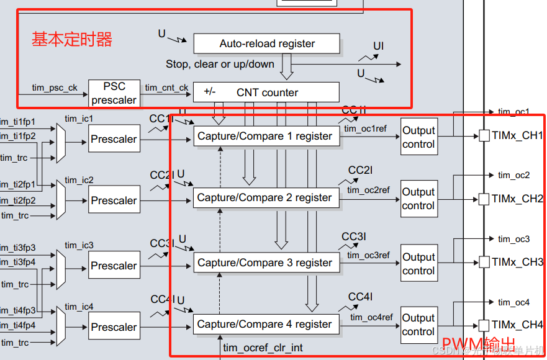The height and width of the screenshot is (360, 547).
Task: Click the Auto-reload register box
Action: (266, 43)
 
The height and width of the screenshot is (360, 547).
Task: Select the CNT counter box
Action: (266, 92)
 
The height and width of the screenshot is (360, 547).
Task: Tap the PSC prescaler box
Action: (114, 93)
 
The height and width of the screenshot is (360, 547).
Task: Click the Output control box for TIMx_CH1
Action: (418, 137)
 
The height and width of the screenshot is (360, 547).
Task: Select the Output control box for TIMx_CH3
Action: (418, 264)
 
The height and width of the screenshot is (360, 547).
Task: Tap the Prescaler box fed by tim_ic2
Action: (114, 200)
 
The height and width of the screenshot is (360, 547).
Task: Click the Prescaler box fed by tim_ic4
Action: (114, 327)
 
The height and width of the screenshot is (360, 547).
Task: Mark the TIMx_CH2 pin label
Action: (517, 199)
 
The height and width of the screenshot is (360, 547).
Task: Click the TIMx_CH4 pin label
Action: (517, 325)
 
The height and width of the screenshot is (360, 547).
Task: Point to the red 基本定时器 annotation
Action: (72, 40)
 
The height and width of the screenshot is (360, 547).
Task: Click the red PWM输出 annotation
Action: (478, 343)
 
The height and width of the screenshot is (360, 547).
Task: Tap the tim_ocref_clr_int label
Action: (263, 348)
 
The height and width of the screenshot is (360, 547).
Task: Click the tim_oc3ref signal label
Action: (369, 255)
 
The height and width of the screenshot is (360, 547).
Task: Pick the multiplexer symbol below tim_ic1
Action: (60, 142)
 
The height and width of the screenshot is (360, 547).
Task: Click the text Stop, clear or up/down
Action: (220, 64)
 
